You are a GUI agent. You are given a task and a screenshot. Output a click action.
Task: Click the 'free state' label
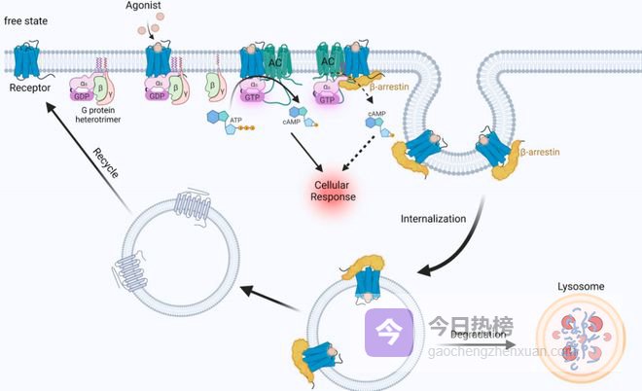click(x=27, y=20)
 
